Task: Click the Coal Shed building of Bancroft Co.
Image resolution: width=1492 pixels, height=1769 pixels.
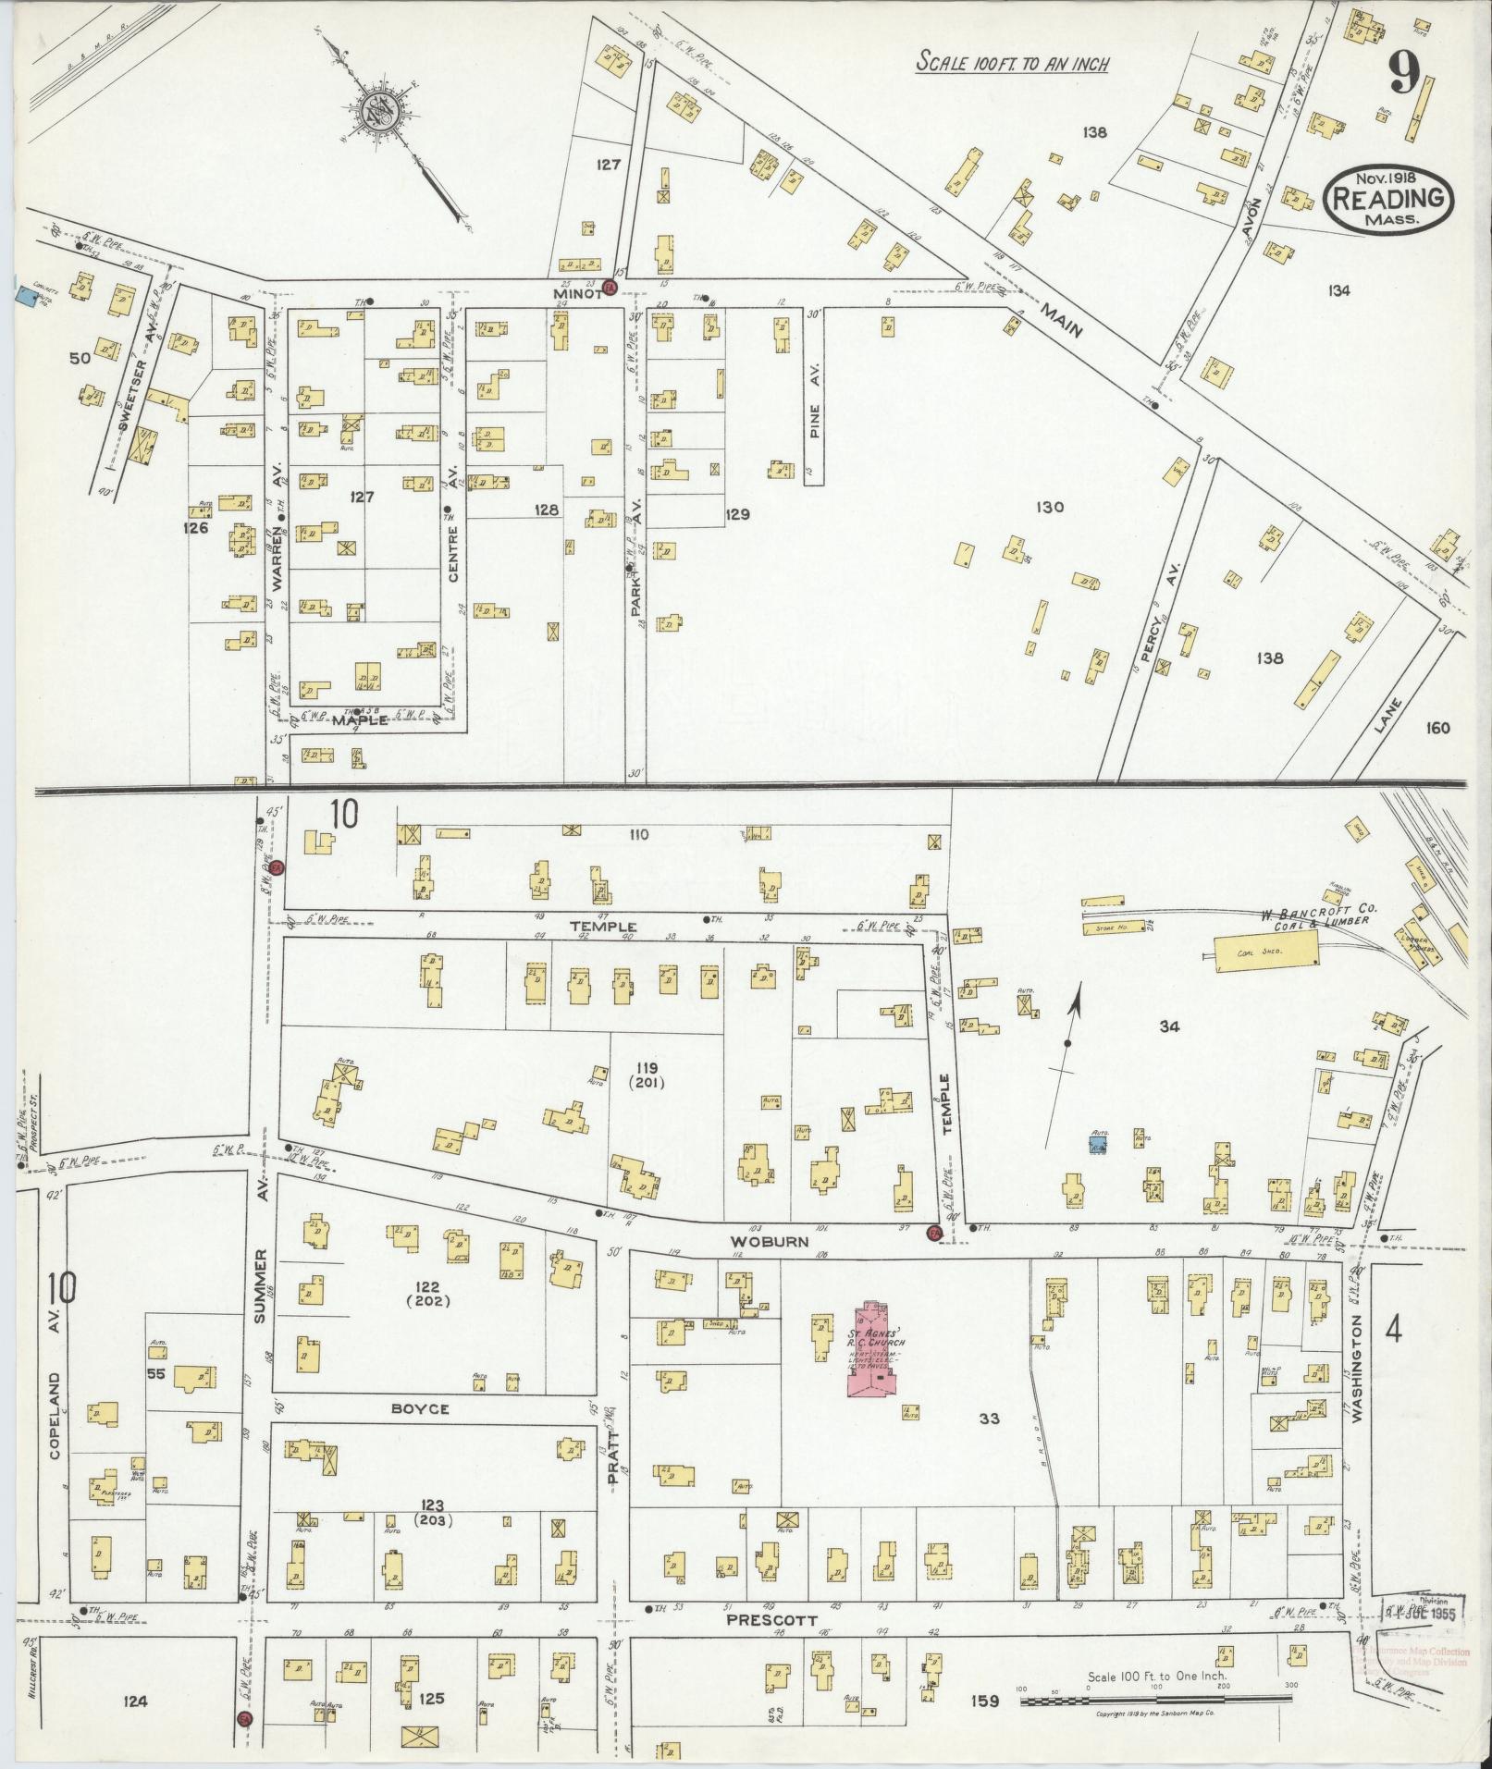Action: (1264, 949)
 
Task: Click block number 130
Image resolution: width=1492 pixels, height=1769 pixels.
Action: (1051, 507)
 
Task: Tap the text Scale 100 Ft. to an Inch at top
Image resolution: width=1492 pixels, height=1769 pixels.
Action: (1012, 64)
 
